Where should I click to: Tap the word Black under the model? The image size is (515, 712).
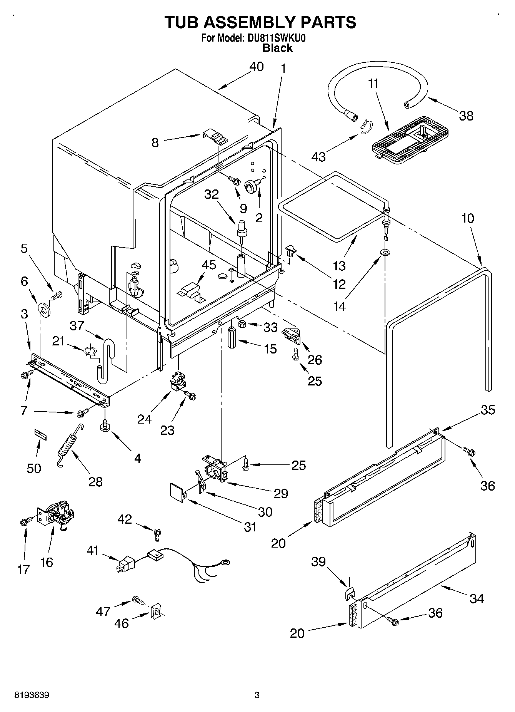277,48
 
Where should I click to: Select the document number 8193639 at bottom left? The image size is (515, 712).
32,695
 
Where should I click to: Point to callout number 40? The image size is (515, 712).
257,67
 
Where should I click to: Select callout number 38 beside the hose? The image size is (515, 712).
466,116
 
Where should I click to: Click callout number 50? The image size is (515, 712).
34,468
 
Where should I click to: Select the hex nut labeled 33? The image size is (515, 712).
243,324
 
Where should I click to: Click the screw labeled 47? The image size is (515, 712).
137,600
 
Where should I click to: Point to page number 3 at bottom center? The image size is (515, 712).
257,695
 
